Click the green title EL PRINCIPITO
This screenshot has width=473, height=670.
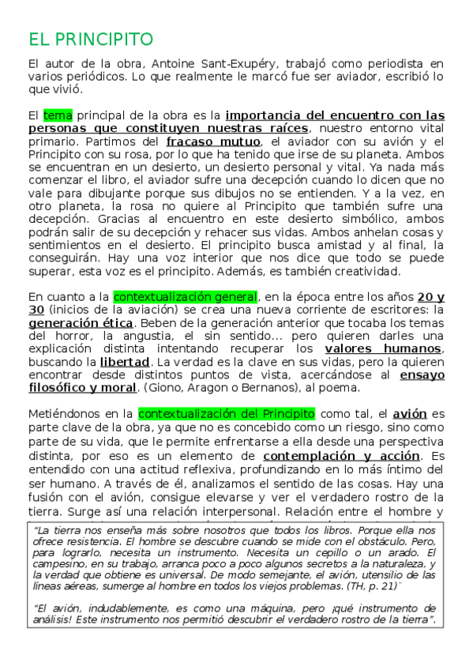(90, 40)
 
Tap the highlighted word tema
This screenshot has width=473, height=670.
(58, 115)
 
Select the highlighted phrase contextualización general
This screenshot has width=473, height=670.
(185, 297)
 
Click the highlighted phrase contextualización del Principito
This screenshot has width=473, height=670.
(226, 413)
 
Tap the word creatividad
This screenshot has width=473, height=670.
(360, 272)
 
